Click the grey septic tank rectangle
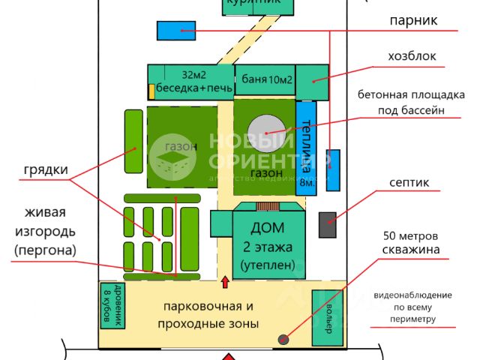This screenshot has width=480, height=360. tap(327, 225)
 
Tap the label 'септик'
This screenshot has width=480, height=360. tap(409, 183)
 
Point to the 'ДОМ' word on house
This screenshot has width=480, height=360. tap(267, 229)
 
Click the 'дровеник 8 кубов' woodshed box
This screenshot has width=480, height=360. tap(112, 305)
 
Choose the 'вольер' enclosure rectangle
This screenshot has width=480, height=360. tap(326, 317)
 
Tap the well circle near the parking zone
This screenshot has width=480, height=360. tap(283, 340)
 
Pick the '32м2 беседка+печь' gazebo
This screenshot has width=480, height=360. tap(190, 80)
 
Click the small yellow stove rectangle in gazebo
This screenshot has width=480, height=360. tap(151, 91)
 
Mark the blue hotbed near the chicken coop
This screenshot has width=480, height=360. tap(176, 31)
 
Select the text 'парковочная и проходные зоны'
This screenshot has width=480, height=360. tap(208, 315)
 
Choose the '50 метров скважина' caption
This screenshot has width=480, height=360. tap(409, 241)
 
